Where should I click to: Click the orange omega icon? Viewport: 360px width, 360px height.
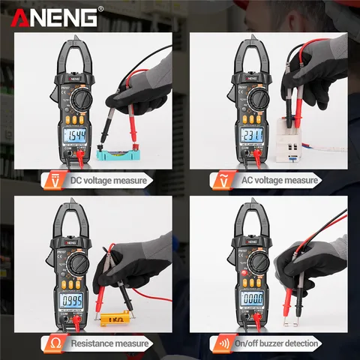[34, 343]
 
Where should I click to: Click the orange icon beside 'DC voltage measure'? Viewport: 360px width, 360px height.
[34, 180]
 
